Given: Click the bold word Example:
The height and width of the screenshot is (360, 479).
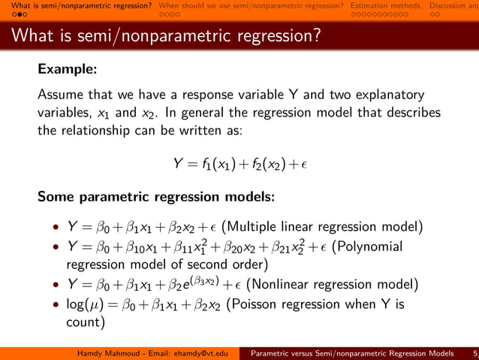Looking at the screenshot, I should click(68, 69).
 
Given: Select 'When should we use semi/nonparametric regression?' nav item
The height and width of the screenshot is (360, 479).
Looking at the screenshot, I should click(252, 5).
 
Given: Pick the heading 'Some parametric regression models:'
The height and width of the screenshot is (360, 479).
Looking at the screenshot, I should click(156, 198).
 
